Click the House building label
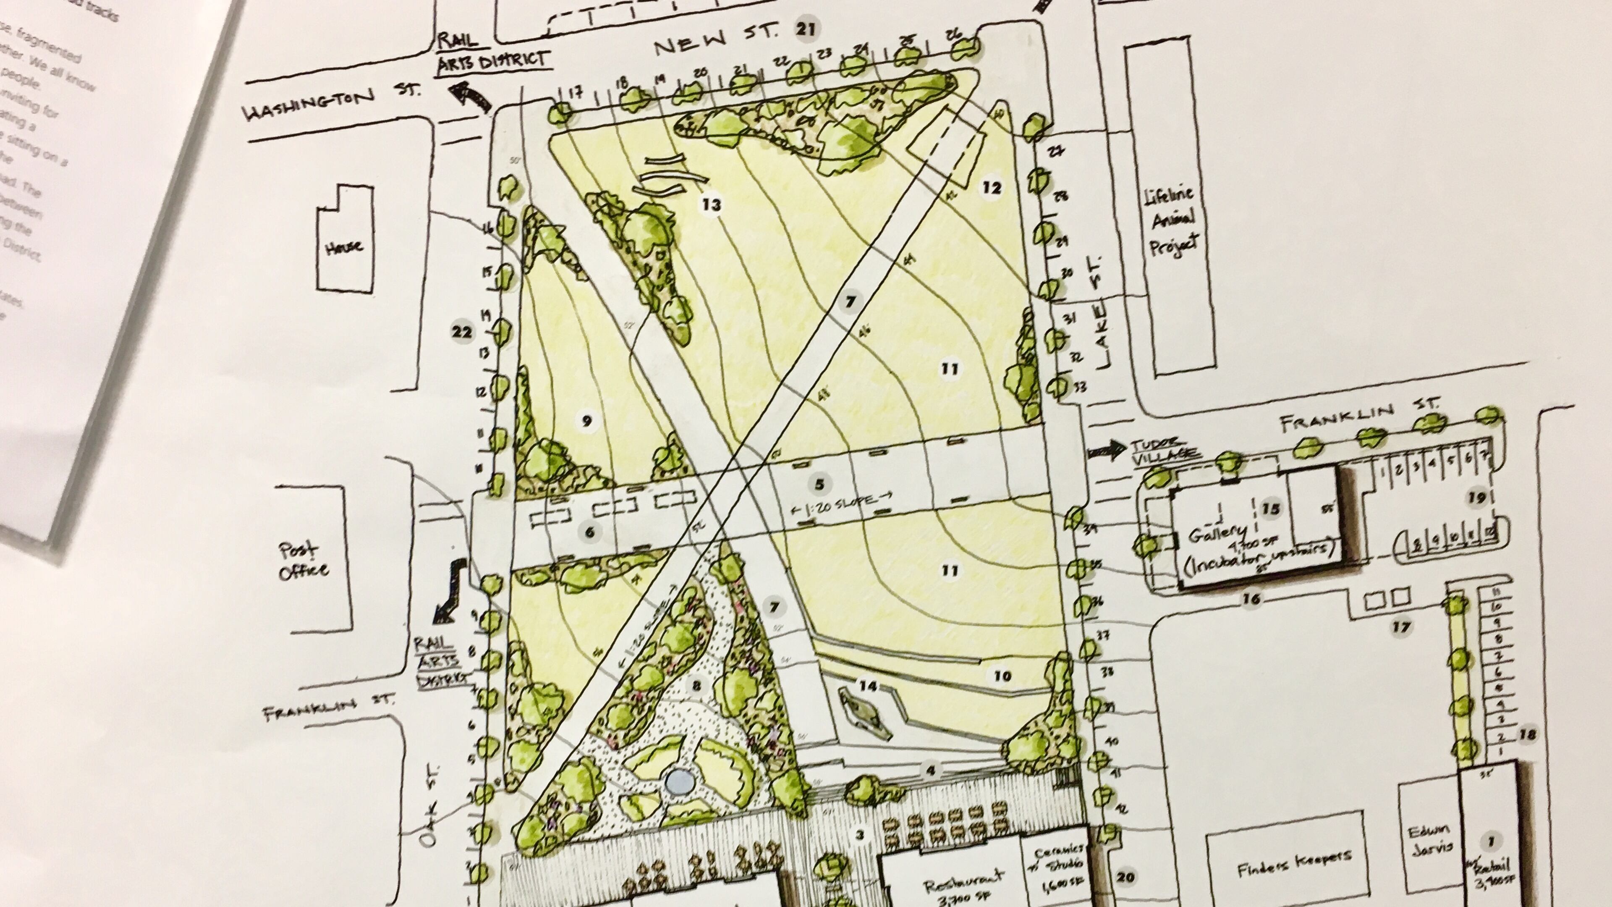(344, 247)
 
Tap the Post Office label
(304, 560)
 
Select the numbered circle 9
(586, 421)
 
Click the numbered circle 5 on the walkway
(819, 483)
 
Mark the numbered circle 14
(867, 686)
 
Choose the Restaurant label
(964, 889)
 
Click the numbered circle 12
(992, 187)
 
